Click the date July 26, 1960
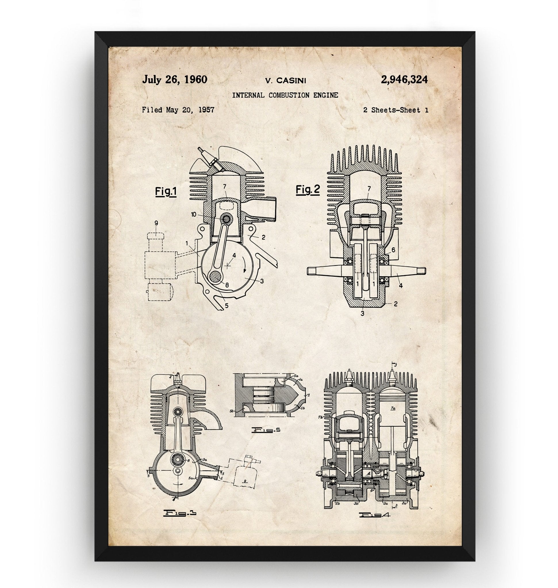(x=175, y=80)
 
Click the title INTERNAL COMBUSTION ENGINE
(x=285, y=95)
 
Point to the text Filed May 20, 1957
(x=178, y=110)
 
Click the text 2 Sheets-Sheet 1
(x=396, y=110)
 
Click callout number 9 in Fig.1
(x=156, y=223)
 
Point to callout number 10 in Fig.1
(x=194, y=214)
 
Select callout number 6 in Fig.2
(x=393, y=250)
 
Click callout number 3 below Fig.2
(x=362, y=313)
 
